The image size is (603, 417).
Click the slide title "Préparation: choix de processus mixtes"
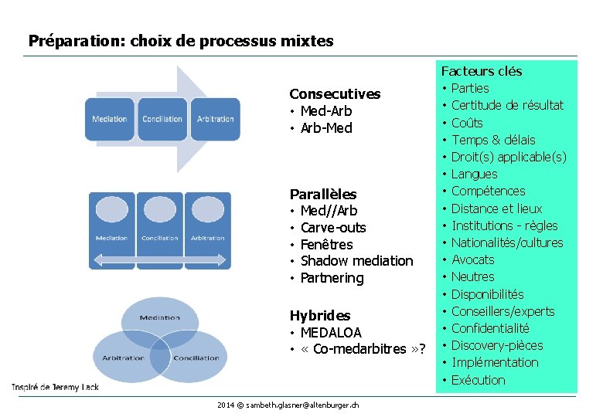point(181,40)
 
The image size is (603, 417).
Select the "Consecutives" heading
point(335,94)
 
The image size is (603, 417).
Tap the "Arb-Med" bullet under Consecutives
point(325,128)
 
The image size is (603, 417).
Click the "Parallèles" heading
point(323,194)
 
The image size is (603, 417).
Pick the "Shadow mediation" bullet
point(356,261)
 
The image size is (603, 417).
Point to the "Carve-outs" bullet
point(333,228)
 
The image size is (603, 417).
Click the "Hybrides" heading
point(320,316)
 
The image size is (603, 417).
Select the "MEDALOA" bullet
point(331,333)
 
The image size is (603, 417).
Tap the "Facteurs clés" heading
point(482,71)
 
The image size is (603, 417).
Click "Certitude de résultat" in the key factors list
point(507,105)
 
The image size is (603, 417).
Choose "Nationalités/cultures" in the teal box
point(507,242)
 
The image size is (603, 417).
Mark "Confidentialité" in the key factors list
point(490,328)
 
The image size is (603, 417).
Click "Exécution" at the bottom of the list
point(478,380)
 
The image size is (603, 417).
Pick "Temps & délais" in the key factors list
point(493,140)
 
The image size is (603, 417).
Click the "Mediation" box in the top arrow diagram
point(110,119)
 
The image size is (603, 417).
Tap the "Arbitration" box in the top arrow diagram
point(216,119)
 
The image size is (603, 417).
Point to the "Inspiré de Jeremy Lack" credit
point(55,386)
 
